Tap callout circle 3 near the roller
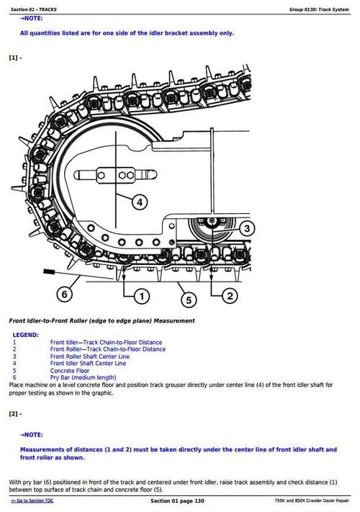click(246, 229)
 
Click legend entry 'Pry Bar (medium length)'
click(83, 378)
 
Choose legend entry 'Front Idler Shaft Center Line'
click(88, 364)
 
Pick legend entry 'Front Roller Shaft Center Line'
click(90, 356)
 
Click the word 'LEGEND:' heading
click(26, 335)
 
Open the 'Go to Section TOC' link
click(32, 500)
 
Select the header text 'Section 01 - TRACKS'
click(34, 9)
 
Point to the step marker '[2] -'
click(15, 414)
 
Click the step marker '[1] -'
click(15, 57)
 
